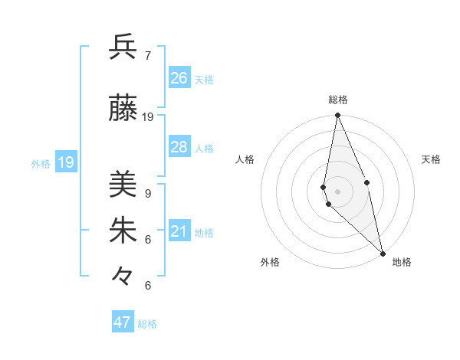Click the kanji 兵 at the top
click(x=123, y=47)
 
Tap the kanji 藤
click(x=123, y=108)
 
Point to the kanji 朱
click(x=123, y=231)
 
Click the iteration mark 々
click(x=123, y=276)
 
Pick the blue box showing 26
click(x=179, y=78)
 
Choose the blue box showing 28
click(x=179, y=147)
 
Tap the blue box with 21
click(x=179, y=232)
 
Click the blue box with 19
click(x=66, y=162)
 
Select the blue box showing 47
click(x=123, y=322)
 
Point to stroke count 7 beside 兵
click(x=148, y=56)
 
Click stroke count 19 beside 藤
click(x=148, y=117)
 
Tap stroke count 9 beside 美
click(x=148, y=193)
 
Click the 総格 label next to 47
click(x=147, y=324)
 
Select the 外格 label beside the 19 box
click(x=41, y=163)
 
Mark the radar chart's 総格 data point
click(x=337, y=116)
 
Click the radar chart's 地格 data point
click(x=382, y=252)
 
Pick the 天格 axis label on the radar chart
click(x=431, y=159)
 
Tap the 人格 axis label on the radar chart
click(x=245, y=159)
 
